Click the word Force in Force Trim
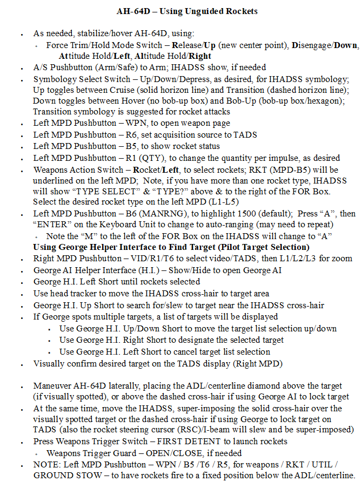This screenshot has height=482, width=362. click(x=57, y=45)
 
